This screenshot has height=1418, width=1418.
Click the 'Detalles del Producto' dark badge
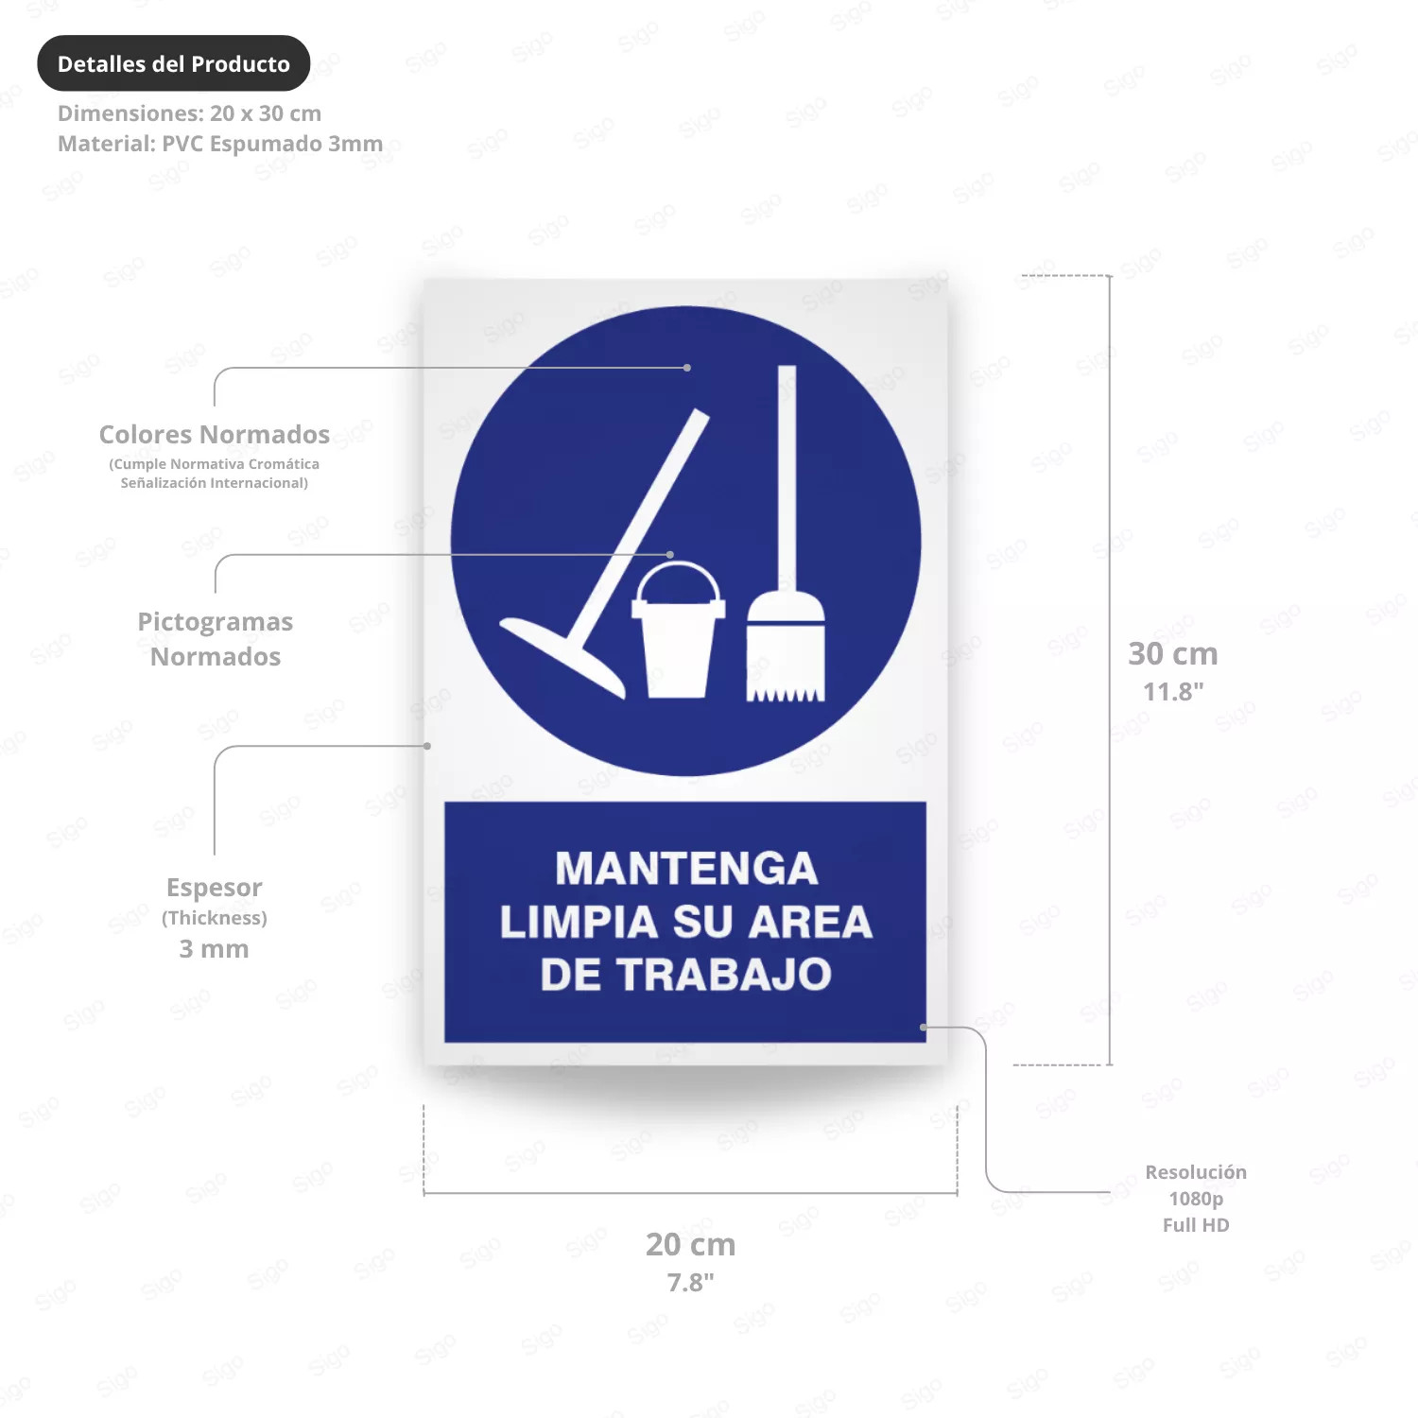tap(174, 63)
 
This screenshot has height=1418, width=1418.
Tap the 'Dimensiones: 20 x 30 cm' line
tap(189, 113)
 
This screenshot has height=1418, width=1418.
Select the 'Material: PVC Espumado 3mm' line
tap(220, 144)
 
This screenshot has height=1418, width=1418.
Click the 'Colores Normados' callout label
tap(215, 434)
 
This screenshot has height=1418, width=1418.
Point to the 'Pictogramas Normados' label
tap(216, 639)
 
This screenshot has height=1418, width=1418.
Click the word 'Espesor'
tap(215, 888)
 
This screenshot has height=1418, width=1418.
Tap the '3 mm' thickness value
tap(215, 948)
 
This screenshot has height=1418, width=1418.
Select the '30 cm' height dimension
tap(1173, 653)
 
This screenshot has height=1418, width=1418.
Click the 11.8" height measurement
tap(1173, 691)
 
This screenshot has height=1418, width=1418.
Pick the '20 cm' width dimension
tap(691, 1244)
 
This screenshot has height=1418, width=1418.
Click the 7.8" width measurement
tap(691, 1282)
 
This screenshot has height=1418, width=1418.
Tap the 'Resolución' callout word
tap(1196, 1172)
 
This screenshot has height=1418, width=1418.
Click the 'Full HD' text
tap(1196, 1225)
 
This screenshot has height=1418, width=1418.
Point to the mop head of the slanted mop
tap(562, 657)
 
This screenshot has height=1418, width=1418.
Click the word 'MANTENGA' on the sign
tap(686, 869)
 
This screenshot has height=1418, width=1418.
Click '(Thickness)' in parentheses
tap(215, 918)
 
